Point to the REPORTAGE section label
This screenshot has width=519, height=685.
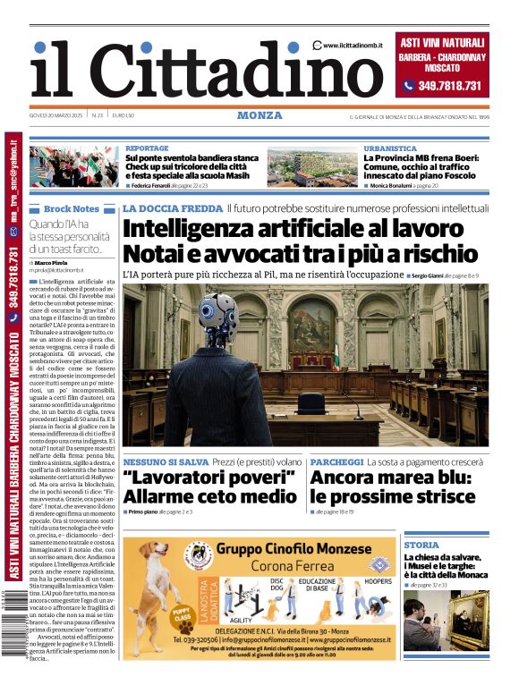click(147, 148)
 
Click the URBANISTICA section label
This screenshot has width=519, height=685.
click(390, 148)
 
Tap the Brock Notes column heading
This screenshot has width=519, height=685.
click(72, 208)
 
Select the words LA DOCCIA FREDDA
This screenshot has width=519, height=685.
click(171, 208)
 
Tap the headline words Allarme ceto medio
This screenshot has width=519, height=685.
click(210, 496)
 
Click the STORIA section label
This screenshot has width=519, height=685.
click(421, 545)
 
